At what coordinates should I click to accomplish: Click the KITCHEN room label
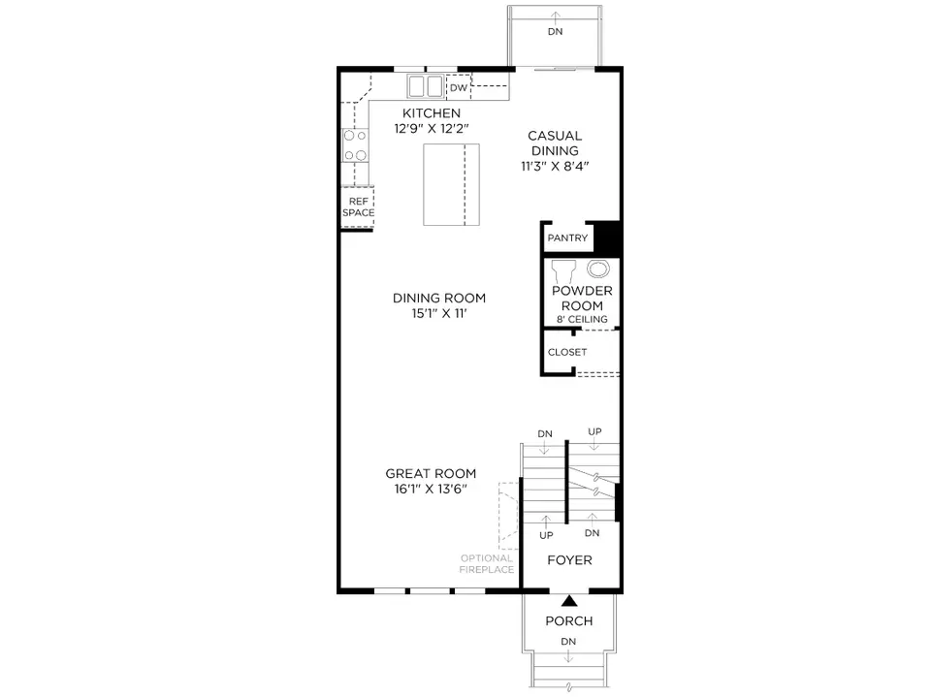[431, 112]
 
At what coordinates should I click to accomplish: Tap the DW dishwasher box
[458, 87]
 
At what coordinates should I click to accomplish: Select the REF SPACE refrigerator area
[358, 206]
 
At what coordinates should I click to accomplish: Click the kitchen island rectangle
[451, 184]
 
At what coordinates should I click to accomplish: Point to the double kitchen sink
[425, 86]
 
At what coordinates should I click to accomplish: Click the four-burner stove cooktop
[355, 145]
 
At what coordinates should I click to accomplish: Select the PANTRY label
[567, 238]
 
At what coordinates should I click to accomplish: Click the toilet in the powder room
[563, 271]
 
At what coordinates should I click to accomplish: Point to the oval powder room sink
[598, 269]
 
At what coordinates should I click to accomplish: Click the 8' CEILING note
[582, 319]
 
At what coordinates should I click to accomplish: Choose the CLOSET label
[567, 352]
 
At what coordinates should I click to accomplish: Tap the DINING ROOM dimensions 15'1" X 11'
[439, 313]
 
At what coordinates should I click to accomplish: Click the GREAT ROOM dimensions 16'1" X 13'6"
[431, 490]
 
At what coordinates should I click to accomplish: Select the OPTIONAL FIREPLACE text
[487, 564]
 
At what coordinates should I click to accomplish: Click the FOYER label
[569, 560]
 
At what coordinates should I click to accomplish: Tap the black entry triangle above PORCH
[569, 601]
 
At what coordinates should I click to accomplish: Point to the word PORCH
[569, 621]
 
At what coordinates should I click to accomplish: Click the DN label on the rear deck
[555, 31]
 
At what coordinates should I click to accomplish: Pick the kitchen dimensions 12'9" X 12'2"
[432, 128]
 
